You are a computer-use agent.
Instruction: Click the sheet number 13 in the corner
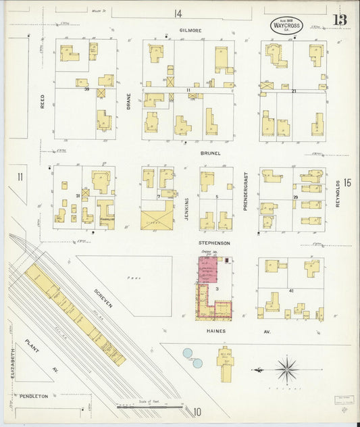(339, 19)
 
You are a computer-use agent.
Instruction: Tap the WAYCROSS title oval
(286, 26)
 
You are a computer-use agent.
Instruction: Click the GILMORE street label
(190, 30)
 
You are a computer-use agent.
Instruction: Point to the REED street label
(42, 101)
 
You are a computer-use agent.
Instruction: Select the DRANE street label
(128, 101)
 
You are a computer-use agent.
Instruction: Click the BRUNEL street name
(209, 153)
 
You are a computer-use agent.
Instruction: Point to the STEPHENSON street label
(214, 242)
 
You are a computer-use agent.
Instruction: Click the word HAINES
(215, 331)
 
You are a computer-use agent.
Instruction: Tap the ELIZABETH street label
(13, 363)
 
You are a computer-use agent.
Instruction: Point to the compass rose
(287, 370)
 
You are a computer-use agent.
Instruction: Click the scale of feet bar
(149, 407)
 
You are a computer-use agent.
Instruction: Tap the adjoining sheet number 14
(178, 13)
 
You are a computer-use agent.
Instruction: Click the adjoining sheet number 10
(197, 411)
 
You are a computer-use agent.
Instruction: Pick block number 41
(290, 290)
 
